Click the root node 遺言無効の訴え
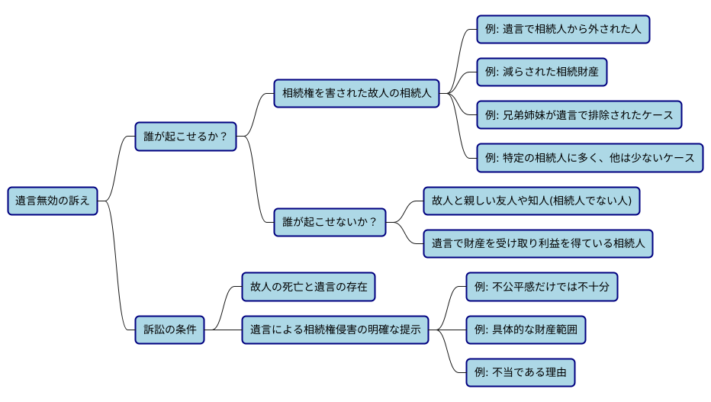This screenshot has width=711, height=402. click(x=53, y=201)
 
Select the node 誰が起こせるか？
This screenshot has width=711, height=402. click(x=185, y=137)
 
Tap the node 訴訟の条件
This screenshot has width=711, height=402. click(x=169, y=330)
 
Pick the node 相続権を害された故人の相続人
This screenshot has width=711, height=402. click(x=357, y=94)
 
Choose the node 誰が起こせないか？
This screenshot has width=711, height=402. click(x=330, y=223)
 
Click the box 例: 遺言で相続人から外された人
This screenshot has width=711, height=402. click(x=563, y=30)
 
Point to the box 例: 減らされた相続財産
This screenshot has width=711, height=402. click(x=542, y=72)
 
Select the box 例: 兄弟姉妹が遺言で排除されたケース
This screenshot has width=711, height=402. click(x=579, y=115)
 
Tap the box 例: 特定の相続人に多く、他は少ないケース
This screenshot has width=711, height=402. click(x=589, y=158)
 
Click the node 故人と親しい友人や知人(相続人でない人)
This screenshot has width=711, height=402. click(x=532, y=201)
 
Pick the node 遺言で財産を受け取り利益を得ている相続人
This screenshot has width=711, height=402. click(x=538, y=244)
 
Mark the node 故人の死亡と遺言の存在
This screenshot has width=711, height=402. click(x=308, y=288)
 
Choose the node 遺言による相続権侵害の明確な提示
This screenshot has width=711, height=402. click(x=335, y=330)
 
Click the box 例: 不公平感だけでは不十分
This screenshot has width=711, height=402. click(x=542, y=288)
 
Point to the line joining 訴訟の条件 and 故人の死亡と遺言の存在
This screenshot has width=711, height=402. click(x=223, y=309)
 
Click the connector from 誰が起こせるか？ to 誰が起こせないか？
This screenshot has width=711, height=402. click(x=256, y=179)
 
